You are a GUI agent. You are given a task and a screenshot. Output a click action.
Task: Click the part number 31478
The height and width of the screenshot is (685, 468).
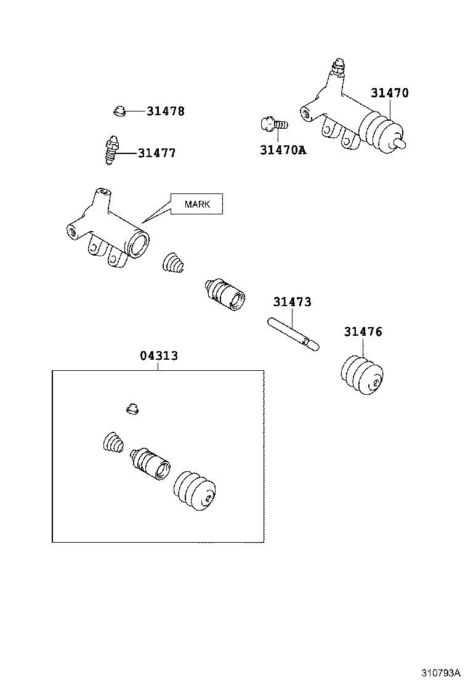click(x=165, y=111)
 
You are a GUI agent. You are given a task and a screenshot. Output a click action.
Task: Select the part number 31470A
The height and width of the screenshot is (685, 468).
click(x=283, y=150)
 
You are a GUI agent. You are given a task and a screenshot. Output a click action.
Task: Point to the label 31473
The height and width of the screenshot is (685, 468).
click(x=292, y=302)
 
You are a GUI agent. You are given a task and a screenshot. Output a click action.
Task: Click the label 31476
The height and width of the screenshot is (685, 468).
click(x=363, y=332)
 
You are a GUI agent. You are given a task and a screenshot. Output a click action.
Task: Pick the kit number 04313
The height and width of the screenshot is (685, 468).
click(x=159, y=356)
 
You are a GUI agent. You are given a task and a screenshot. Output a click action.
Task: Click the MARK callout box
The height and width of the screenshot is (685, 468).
click(x=196, y=204)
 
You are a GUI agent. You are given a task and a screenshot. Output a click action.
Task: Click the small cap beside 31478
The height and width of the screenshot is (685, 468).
click(x=119, y=111)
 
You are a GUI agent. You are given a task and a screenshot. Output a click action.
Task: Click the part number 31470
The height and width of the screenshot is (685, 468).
click(x=389, y=94)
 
